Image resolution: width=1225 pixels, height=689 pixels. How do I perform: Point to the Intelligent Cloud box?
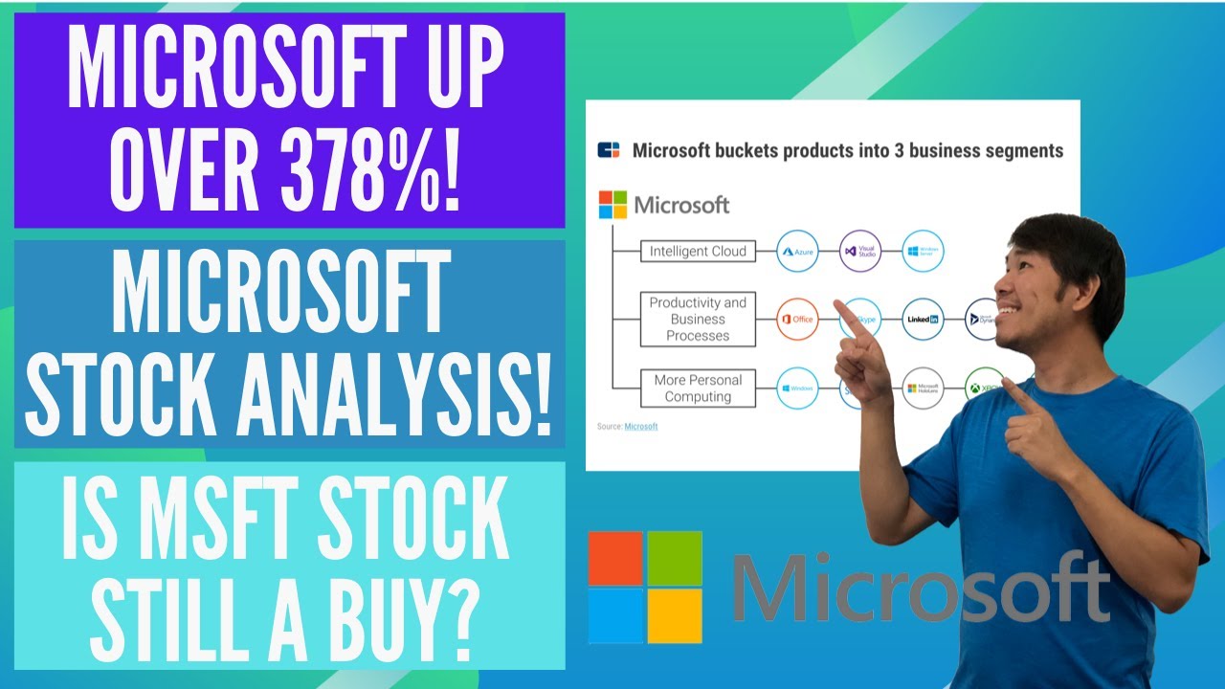click(x=698, y=252)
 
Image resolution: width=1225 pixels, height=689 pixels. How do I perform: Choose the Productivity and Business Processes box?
click(x=698, y=320)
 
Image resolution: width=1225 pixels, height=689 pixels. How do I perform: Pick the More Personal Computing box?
click(x=698, y=388)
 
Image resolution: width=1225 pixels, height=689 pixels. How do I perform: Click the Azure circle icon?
click(x=797, y=252)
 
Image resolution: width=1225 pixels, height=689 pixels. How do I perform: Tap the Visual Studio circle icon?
click(x=859, y=252)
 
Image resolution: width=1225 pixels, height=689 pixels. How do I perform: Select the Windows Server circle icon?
click(x=923, y=252)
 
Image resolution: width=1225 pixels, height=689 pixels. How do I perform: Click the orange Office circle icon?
click(x=797, y=320)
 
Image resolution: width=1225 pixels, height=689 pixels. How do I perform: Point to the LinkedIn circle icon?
click(x=923, y=320)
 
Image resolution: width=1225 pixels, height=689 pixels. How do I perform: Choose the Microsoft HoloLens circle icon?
click(x=923, y=389)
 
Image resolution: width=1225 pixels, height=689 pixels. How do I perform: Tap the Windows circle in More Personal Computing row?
click(x=797, y=389)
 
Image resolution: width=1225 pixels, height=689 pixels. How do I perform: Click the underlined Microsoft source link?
click(x=640, y=426)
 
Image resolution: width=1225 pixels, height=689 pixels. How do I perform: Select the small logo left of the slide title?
click(x=609, y=150)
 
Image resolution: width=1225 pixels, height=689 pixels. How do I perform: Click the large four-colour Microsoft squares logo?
click(x=644, y=587)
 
